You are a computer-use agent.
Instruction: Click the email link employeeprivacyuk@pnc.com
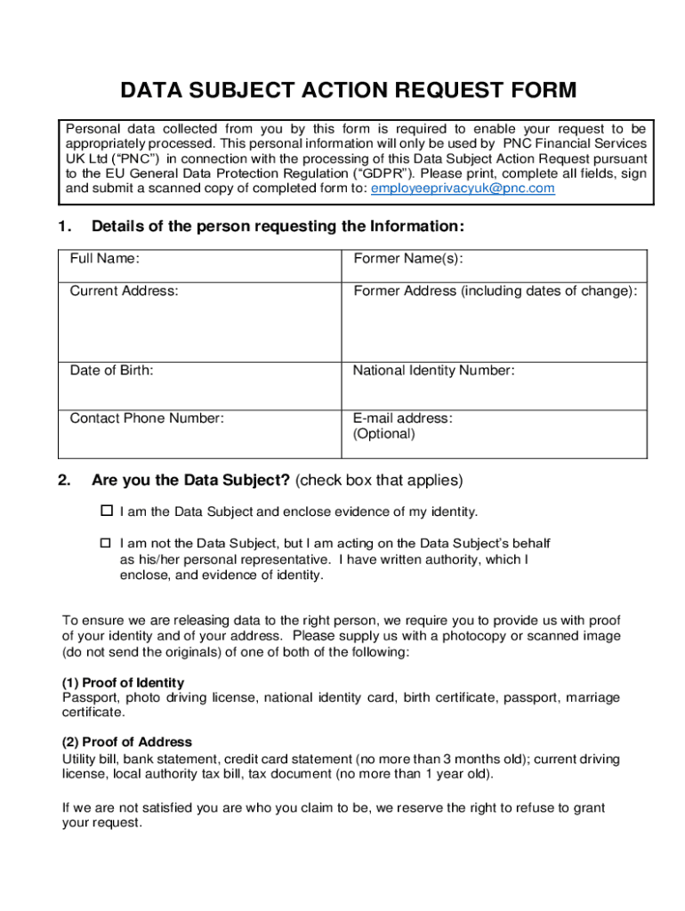click(x=463, y=189)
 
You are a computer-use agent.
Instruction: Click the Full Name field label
click(x=104, y=259)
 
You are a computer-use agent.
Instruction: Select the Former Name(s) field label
click(x=408, y=259)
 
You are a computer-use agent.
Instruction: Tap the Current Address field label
click(x=124, y=291)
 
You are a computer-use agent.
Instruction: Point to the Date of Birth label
click(x=111, y=370)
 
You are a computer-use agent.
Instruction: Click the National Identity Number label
click(x=433, y=370)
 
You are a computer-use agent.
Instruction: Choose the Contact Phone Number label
click(x=147, y=418)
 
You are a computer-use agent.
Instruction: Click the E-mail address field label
click(x=402, y=418)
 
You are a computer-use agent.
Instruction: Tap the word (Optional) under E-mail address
click(x=383, y=434)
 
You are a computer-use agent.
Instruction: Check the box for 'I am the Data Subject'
click(x=106, y=511)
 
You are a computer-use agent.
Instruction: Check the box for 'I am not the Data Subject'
click(x=106, y=543)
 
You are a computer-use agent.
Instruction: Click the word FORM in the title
click(x=536, y=91)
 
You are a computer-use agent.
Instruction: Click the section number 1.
click(x=63, y=227)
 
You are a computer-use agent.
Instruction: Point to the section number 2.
click(x=63, y=480)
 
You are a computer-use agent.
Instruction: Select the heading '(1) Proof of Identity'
click(x=123, y=682)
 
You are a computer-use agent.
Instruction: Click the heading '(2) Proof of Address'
click(x=126, y=742)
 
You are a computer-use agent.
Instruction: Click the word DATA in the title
click(x=150, y=91)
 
